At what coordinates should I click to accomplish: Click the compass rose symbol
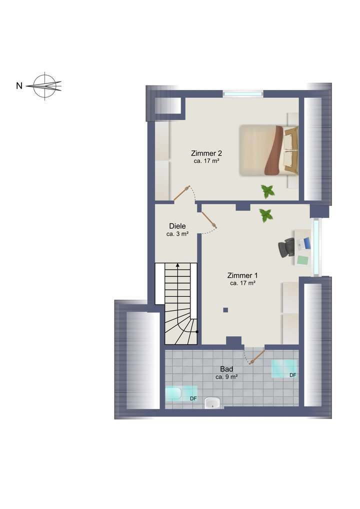pos(45,86)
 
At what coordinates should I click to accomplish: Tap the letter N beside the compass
pos(19,86)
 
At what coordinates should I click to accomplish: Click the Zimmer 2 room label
pos(206,153)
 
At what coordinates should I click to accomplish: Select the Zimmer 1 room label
pos(242,275)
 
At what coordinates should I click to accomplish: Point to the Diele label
pos(177,226)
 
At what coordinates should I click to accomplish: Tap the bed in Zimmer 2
pos(268,149)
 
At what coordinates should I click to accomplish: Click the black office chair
pos(287,247)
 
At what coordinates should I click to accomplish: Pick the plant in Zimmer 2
pos(268,190)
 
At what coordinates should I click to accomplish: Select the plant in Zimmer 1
pos(266,215)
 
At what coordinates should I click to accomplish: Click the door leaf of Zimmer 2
pos(182,193)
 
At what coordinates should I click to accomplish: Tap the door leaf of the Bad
pos(256,356)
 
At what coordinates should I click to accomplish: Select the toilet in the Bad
pos(173,394)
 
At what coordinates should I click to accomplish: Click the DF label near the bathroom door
pos(293,375)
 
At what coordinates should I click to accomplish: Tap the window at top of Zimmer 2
pos(242,93)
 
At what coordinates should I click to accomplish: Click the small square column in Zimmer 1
pos(225,310)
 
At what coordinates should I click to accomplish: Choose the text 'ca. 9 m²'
pos(226,377)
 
